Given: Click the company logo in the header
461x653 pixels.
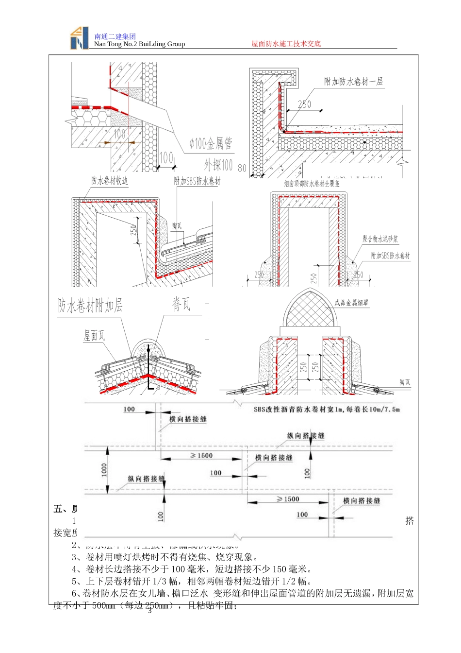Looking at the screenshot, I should pos(79,38).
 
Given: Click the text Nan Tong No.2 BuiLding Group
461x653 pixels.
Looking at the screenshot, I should pos(139,44).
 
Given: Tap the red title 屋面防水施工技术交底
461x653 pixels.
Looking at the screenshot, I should pos(286,44).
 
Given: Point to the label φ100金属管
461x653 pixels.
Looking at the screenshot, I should pos(211,143).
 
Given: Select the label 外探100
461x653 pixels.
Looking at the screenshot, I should pos(218,165).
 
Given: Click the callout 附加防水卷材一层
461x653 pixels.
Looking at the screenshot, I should pos(353,82).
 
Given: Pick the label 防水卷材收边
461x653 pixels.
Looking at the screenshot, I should pos(109,181).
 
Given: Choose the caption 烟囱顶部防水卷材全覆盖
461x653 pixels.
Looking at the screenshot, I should pos(312,184).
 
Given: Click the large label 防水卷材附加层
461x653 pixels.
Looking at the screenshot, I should pos(90,306).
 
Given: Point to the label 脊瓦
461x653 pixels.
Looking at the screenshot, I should pos(181,305).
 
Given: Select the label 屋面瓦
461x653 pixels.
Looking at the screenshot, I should pos(94,335).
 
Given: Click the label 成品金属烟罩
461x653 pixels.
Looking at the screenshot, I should pos(351,303).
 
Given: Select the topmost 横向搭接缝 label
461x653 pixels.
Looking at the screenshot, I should pos(188,419).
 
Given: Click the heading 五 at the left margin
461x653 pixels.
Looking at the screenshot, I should pos(58,509).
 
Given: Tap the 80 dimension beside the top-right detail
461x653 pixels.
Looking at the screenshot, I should pos(242,169).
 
